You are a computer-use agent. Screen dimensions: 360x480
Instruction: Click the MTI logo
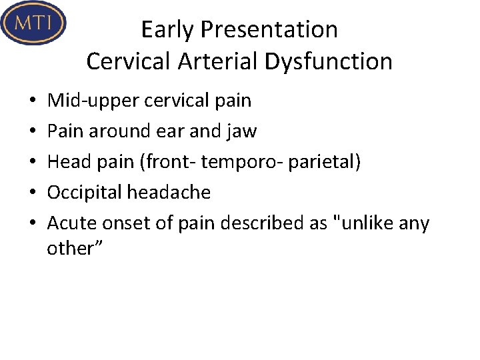tap(33, 23)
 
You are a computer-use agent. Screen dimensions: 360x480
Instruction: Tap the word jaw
tap(242, 131)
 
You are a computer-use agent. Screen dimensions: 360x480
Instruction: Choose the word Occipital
tap(85, 193)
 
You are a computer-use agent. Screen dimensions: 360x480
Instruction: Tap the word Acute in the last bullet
tap(67, 223)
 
